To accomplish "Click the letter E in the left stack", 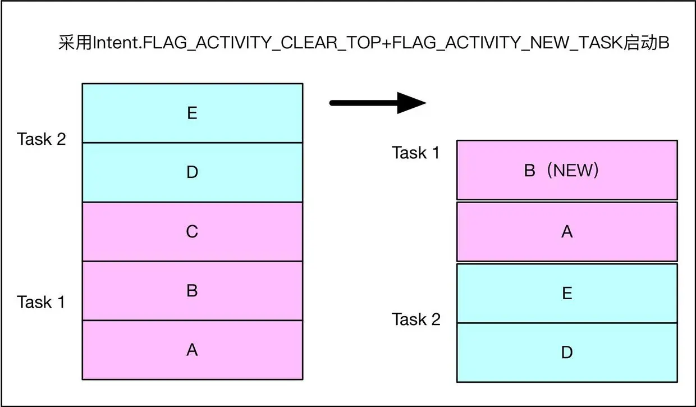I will click(192, 113).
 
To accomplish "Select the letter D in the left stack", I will click(192, 172).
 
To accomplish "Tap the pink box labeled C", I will click(192, 231).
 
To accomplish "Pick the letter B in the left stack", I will click(192, 291).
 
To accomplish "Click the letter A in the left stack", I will click(192, 350).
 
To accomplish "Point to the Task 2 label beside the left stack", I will click(42, 139).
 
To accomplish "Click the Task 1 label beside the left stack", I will click(42, 302).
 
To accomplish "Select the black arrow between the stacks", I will click(377, 103).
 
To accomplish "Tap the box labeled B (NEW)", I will click(567, 170).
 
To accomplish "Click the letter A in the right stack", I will click(567, 231).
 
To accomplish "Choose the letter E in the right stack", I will click(567, 294).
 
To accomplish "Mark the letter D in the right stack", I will click(567, 353).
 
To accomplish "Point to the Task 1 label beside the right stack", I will click(416, 153).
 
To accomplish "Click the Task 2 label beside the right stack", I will click(416, 319).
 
